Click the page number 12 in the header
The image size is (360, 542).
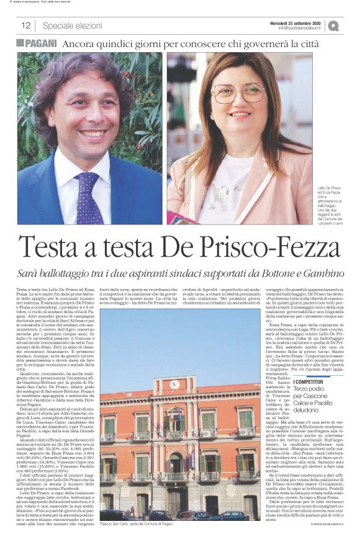pyautogui.click(x=25, y=25)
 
